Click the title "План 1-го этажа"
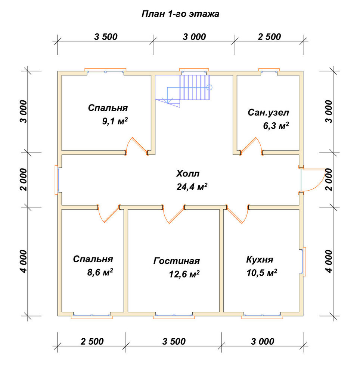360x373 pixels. coord(180,14)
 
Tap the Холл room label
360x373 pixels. coord(187,174)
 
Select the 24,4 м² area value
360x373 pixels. coord(192,187)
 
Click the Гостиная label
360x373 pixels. coord(176,261)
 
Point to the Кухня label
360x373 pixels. coord(260,260)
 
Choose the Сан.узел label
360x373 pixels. coord(269,113)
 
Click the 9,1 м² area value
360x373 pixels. coord(115,121)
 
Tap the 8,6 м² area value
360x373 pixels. coord(100,272)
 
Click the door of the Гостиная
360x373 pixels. coord(174,214)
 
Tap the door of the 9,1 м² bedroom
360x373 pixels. coord(137,145)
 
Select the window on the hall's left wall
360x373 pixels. coord(57,180)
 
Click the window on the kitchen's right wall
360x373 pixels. coord(304,261)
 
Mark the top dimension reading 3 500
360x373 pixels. coord(106,37)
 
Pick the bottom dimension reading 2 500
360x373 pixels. coord(92,342)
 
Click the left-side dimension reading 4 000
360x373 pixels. coord(24,261)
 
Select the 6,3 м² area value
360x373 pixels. coord(276,126)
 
